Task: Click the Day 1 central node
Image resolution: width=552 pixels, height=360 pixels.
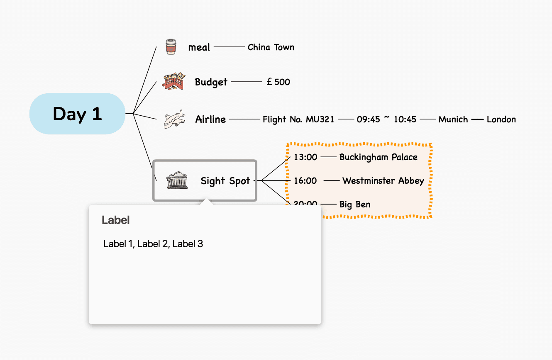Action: (77, 114)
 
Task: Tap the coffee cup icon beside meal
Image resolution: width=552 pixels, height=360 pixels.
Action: (171, 46)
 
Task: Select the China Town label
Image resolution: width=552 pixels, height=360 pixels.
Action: (271, 47)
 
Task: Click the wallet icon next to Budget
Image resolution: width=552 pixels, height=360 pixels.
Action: (174, 81)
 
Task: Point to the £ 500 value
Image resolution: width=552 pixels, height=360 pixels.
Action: (278, 82)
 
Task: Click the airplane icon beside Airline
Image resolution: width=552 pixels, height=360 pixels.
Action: (174, 119)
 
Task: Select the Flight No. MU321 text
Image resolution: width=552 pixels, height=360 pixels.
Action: (298, 119)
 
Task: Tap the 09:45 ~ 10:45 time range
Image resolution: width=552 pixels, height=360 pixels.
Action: (386, 119)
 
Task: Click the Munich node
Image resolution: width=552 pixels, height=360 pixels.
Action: (453, 119)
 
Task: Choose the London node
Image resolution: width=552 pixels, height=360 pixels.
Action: (501, 119)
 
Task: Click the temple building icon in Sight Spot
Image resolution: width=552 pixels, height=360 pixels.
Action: (177, 180)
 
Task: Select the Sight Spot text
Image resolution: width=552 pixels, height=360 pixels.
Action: (225, 181)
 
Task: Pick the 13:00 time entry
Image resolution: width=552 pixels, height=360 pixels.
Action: (305, 157)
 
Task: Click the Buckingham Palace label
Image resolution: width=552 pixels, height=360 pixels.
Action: (379, 157)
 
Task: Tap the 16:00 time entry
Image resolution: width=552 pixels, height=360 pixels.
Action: (305, 181)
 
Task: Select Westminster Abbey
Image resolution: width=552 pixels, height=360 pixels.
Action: (383, 181)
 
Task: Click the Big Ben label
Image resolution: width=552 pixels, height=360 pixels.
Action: (355, 204)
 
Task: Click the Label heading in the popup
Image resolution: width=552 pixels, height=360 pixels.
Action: (115, 220)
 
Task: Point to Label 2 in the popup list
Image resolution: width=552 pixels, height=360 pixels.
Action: (153, 244)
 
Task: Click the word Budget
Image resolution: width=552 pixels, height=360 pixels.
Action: (211, 82)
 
